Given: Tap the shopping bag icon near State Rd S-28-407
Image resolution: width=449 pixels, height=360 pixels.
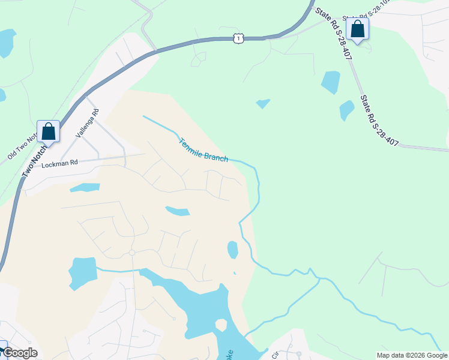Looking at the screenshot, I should pos(357,29).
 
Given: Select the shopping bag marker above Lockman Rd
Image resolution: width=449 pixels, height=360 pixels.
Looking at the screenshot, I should pos(48,131).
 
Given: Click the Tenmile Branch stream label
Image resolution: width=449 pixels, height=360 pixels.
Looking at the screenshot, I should pos(203,150).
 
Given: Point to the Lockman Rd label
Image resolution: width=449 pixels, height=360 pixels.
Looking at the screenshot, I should pos(60,163).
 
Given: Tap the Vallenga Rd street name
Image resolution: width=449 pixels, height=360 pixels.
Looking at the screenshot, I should pos(86,124).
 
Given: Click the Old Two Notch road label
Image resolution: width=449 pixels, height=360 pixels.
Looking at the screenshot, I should pos(22,147).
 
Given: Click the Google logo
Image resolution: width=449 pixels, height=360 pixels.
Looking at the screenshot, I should pos(19,353).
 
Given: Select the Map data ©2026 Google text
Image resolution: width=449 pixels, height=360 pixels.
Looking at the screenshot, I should pos(412,355).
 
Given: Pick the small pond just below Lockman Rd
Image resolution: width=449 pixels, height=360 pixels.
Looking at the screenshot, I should pos(85,188).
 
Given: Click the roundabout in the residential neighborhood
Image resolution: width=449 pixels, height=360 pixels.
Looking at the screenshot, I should pos(131,253).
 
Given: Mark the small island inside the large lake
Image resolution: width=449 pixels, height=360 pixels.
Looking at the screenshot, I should pos(221,325).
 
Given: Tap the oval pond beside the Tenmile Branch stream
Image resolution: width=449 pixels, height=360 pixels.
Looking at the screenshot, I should pos(233,250).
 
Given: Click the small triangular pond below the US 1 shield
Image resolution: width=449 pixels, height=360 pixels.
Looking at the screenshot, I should pos(263,104).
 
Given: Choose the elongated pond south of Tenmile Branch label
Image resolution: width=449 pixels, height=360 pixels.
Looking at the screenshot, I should pos(178,211).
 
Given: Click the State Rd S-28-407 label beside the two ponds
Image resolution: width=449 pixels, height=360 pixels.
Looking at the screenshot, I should pos(379,119).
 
